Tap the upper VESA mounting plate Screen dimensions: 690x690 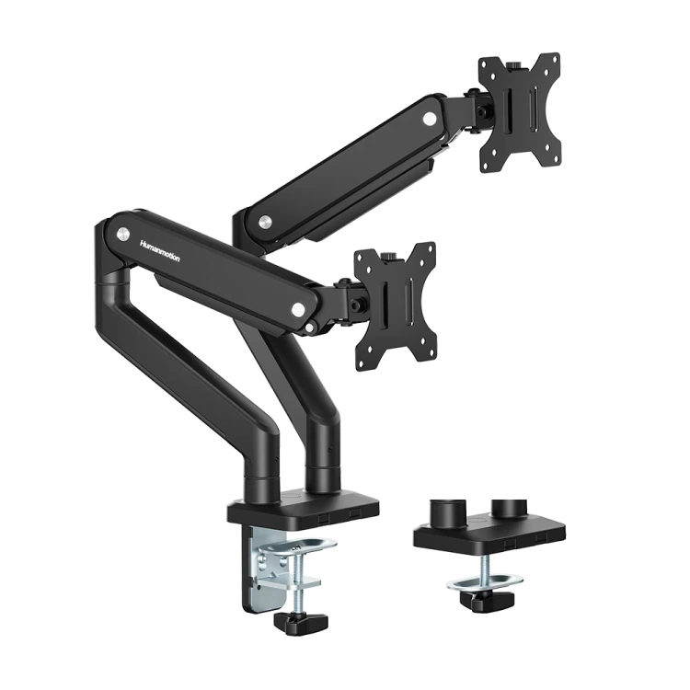[520, 111]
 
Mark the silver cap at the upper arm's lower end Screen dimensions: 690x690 [265, 222]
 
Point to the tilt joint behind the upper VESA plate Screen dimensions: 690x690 [477, 111]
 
